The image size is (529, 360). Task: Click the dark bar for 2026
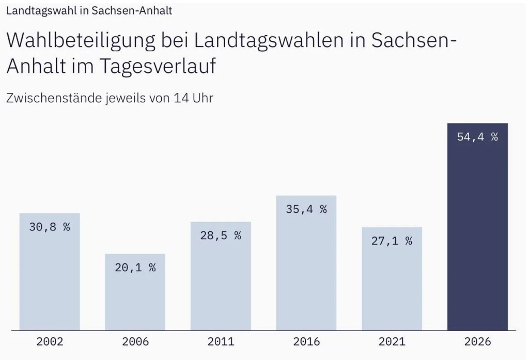coord(477,227)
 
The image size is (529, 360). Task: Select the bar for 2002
coord(50,272)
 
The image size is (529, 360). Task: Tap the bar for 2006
coord(135,292)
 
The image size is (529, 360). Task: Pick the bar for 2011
coord(221,276)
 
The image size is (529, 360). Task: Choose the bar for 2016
coord(306,263)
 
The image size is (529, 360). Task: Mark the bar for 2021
coord(392,279)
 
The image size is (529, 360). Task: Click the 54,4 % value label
coord(477,137)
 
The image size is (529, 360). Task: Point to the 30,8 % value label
coord(50,227)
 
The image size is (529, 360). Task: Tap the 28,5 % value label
coord(221,236)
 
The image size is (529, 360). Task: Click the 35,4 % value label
coord(306,210)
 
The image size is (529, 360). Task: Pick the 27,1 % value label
coord(392,241)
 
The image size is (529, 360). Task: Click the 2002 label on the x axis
coord(50,342)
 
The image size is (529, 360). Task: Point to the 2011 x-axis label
coord(221,342)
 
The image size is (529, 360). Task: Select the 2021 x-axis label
coord(392,342)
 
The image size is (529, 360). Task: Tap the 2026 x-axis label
coord(477,342)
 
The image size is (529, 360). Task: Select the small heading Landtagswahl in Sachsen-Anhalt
coord(89,11)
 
